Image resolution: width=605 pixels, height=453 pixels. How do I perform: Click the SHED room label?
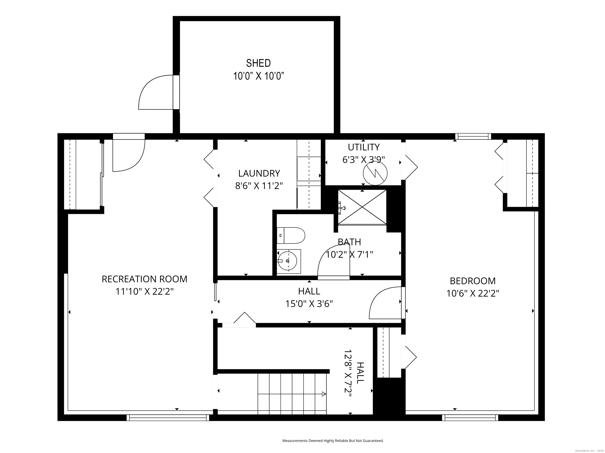[x=258, y=63]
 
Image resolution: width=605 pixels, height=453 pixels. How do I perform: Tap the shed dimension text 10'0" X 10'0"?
[x=258, y=76]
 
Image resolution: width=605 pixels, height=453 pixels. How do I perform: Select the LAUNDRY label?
[x=259, y=173]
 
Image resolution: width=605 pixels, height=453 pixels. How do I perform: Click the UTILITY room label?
[x=364, y=147]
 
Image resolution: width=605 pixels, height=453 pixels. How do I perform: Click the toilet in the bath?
[x=291, y=235]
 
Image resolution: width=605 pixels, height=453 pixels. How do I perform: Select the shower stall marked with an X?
[x=362, y=207]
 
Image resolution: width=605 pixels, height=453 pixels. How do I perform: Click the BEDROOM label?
[x=473, y=281]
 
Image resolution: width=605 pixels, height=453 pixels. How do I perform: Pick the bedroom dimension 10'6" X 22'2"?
[x=473, y=294]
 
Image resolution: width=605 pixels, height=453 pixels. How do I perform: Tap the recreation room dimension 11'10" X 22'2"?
[x=145, y=292]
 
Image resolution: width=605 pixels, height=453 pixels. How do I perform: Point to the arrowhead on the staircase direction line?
[x=324, y=394]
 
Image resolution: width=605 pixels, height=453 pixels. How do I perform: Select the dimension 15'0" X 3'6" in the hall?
[x=309, y=304]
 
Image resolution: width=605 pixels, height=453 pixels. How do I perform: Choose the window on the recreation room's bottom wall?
[x=168, y=417]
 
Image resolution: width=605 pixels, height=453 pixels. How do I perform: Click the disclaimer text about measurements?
[x=333, y=440]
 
